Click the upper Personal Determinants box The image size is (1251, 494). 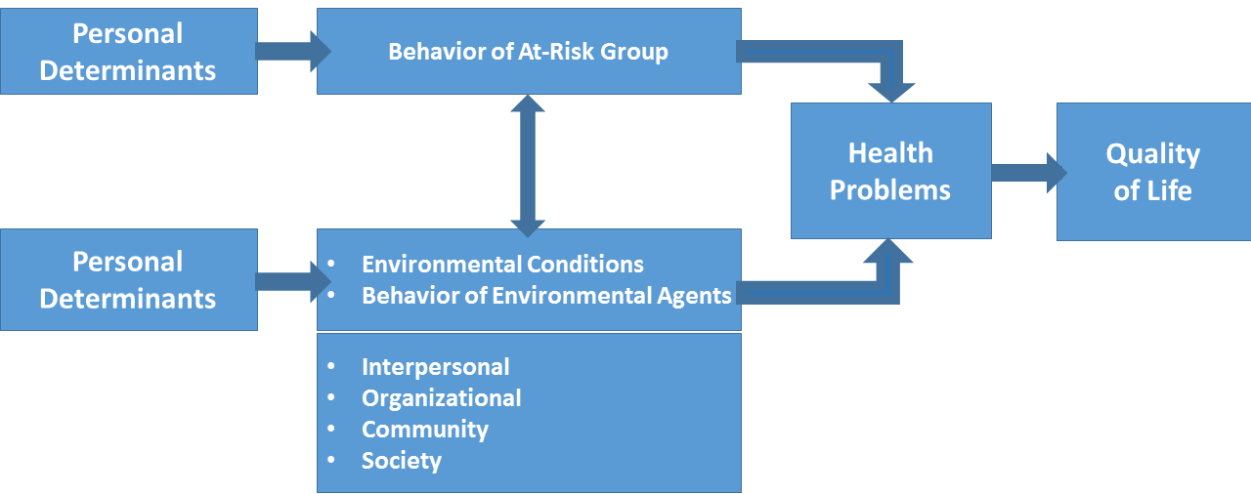[x=128, y=51]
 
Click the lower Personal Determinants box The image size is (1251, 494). [x=128, y=279]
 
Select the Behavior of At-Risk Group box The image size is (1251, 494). [x=528, y=51]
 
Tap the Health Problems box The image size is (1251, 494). [x=890, y=171]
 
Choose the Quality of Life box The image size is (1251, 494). [x=1152, y=172]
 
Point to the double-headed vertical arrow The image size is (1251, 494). [x=528, y=166]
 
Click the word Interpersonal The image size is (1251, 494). [x=435, y=367]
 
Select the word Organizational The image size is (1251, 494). [x=441, y=398]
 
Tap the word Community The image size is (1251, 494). [x=424, y=430]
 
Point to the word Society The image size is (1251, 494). [x=401, y=461]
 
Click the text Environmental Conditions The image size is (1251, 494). [x=502, y=265]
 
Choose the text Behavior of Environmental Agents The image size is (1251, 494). [x=546, y=296]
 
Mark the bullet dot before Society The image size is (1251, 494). [x=332, y=460]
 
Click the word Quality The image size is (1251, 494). [x=1152, y=154]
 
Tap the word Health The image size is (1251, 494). [x=890, y=153]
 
